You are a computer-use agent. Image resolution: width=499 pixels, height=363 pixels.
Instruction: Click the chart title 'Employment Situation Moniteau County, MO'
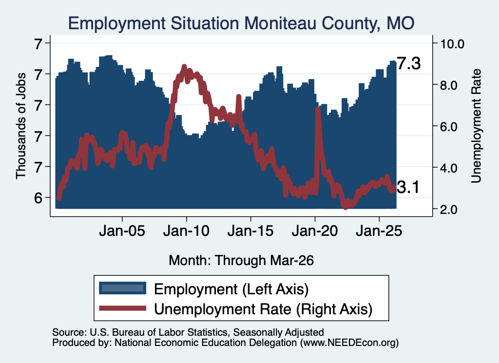(241, 23)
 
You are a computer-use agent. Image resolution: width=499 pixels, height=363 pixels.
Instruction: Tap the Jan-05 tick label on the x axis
(122, 230)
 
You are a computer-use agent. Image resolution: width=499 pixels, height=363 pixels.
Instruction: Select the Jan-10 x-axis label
(187, 230)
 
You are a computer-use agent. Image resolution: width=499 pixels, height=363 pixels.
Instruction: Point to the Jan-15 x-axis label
(250, 230)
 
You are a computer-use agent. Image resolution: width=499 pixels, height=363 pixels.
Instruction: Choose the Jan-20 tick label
(315, 230)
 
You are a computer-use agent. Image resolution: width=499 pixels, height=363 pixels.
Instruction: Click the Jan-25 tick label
(379, 230)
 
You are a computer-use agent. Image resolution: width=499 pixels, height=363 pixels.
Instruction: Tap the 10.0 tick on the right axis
(452, 44)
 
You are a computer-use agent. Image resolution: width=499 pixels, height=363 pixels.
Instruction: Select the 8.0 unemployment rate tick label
(449, 85)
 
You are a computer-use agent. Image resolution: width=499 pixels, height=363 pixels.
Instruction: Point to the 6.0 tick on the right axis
(449, 127)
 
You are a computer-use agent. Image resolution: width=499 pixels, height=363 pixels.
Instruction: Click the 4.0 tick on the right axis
(449, 168)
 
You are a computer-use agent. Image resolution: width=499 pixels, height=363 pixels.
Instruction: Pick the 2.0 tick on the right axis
(449, 210)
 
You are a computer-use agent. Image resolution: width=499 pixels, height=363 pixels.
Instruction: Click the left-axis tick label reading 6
(38, 198)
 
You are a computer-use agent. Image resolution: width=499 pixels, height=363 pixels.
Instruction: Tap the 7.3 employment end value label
(409, 63)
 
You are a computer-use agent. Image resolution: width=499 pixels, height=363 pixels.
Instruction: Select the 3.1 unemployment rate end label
(408, 187)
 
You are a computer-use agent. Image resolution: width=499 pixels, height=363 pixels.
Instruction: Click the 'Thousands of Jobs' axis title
(20, 126)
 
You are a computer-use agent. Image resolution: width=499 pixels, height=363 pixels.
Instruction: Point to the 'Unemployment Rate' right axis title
(476, 126)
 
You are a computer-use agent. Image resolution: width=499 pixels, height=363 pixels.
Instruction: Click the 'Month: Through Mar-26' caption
(241, 260)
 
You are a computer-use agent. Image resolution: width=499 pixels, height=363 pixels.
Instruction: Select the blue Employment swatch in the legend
(122, 288)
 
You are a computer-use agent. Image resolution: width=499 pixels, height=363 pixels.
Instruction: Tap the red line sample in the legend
(122, 308)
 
